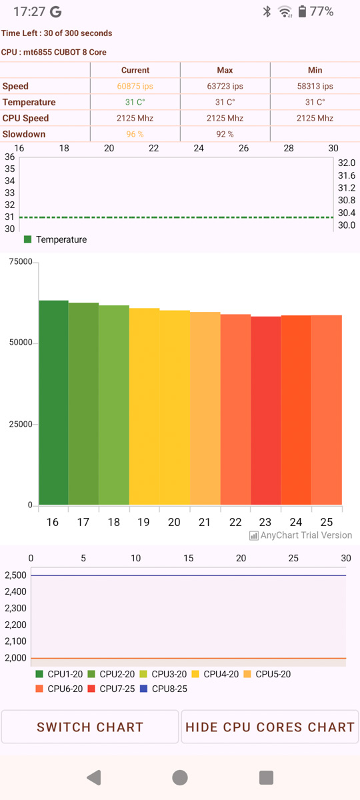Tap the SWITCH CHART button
(90, 727)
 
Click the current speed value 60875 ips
(135, 86)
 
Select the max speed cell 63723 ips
(225, 86)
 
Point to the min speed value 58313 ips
(315, 86)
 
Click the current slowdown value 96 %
(135, 134)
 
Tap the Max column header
(225, 70)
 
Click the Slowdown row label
(24, 134)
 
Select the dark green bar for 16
(53, 403)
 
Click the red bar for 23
(266, 411)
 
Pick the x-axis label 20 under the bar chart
(174, 523)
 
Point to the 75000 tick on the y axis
(21, 262)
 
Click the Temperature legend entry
(55, 239)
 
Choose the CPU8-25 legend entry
(163, 689)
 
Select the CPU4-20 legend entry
(215, 674)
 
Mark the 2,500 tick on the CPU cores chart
(16, 575)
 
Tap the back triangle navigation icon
(94, 777)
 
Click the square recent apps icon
(266, 777)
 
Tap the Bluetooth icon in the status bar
(267, 11)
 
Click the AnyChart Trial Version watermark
(301, 535)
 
